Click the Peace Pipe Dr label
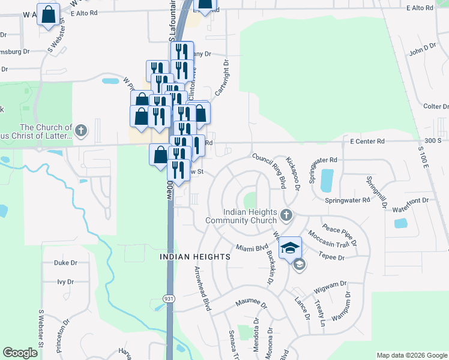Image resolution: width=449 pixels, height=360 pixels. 340,235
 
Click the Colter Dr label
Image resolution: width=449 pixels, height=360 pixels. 436,106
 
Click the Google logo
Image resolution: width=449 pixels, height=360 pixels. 20,353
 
